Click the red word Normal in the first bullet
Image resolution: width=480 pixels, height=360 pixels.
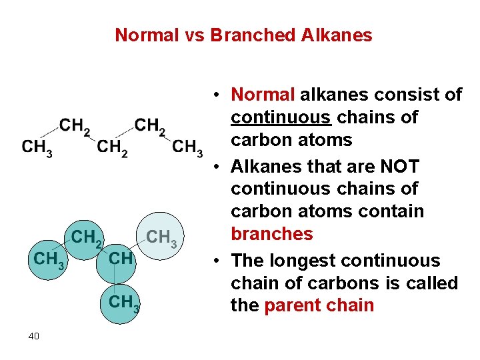click(x=263, y=95)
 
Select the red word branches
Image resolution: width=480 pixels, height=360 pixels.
click(x=271, y=234)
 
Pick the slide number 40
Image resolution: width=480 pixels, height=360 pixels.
click(x=33, y=336)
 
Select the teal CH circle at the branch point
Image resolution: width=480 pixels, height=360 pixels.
click(x=120, y=258)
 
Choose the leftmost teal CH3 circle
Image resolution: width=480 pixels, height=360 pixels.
click(x=49, y=259)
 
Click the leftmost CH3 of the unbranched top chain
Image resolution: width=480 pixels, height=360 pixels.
click(x=37, y=147)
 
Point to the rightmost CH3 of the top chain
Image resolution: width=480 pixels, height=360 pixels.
click(x=187, y=147)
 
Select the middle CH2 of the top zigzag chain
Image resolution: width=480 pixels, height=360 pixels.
click(x=112, y=147)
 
